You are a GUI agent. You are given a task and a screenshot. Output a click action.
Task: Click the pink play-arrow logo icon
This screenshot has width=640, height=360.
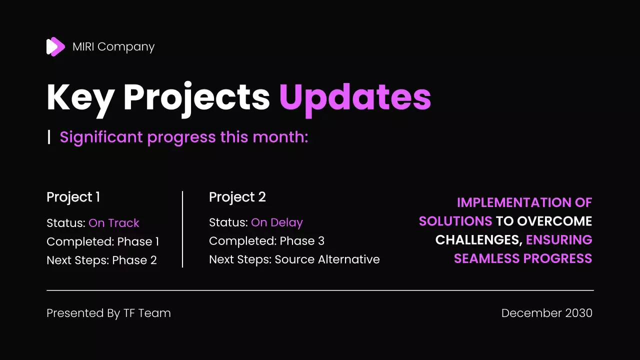pyautogui.click(x=55, y=46)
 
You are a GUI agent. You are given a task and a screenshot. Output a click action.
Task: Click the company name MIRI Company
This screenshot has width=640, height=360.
pyautogui.click(x=113, y=46)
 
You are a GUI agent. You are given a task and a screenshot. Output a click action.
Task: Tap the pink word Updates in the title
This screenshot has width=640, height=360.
pyautogui.click(x=355, y=97)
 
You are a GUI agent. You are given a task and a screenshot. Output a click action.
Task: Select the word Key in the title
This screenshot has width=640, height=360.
pyautogui.click(x=80, y=97)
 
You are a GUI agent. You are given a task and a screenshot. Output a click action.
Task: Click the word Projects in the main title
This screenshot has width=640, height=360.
pyautogui.click(x=196, y=97)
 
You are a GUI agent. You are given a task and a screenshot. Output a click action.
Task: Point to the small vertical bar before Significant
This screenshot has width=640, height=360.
pyautogui.click(x=49, y=136)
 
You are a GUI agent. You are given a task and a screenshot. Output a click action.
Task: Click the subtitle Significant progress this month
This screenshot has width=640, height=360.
pyautogui.click(x=183, y=137)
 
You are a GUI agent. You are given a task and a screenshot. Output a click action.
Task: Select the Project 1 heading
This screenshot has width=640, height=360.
pyautogui.click(x=73, y=197)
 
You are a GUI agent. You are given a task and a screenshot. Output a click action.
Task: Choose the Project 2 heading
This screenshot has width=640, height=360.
pyautogui.click(x=237, y=197)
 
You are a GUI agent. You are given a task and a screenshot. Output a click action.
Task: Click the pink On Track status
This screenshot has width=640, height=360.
pyautogui.click(x=113, y=223)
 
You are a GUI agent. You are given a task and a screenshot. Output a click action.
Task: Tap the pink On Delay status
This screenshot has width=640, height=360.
pyautogui.click(x=276, y=222)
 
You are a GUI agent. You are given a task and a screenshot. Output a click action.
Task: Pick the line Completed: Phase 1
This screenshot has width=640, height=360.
pyautogui.click(x=102, y=241)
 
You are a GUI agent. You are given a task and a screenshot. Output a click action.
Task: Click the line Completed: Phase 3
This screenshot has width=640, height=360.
pyautogui.click(x=266, y=241)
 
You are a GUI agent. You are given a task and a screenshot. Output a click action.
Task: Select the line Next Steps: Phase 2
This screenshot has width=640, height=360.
pyautogui.click(x=101, y=260)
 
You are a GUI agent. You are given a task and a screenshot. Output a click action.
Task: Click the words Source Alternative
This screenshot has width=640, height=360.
pyautogui.click(x=327, y=259)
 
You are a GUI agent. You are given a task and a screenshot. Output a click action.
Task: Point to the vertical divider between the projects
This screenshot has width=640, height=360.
pyautogui.click(x=182, y=229)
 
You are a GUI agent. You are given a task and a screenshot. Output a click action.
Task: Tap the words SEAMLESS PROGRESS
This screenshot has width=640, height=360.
pyautogui.click(x=522, y=258)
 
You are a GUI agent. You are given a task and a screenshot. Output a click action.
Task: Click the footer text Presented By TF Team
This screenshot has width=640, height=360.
pyautogui.click(x=108, y=313)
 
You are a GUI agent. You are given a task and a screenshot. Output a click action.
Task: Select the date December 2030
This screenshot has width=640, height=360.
pyautogui.click(x=546, y=313)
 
